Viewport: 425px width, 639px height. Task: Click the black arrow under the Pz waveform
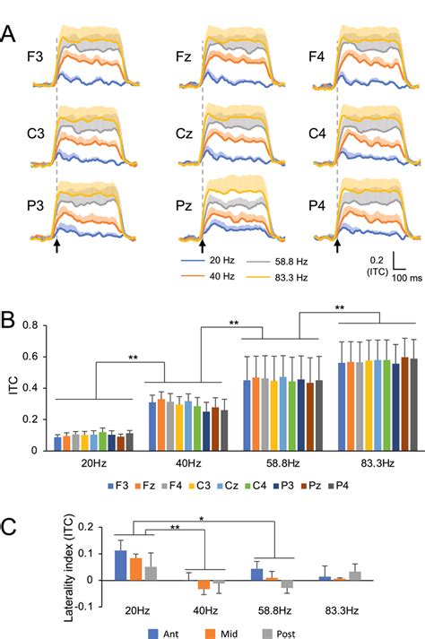pos(202,243)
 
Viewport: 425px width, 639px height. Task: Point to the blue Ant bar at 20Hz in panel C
pos(120,565)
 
